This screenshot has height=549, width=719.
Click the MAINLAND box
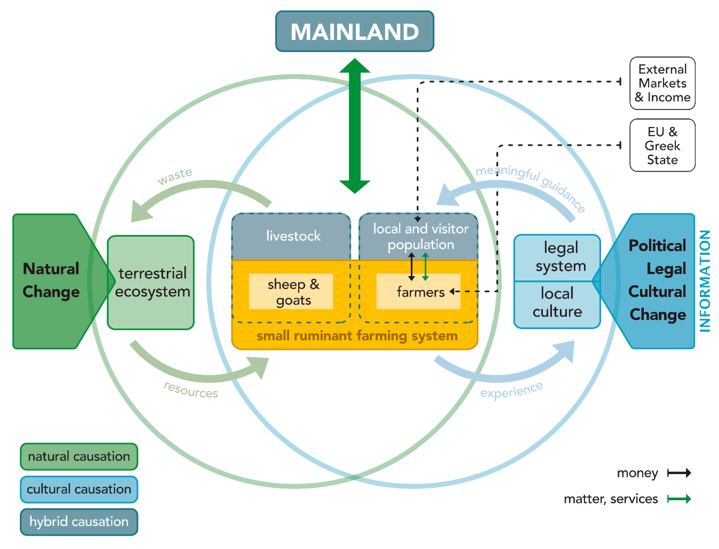(x=355, y=31)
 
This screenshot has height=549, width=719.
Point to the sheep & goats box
(x=291, y=291)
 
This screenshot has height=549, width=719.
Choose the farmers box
(x=418, y=291)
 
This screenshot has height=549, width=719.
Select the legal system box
(x=557, y=258)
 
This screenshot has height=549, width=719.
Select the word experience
(x=511, y=390)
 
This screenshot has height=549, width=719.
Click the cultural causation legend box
(x=79, y=489)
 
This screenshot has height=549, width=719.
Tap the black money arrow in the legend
(x=679, y=473)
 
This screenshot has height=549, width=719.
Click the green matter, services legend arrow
(x=679, y=499)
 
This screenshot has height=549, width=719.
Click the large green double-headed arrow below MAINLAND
(x=355, y=126)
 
